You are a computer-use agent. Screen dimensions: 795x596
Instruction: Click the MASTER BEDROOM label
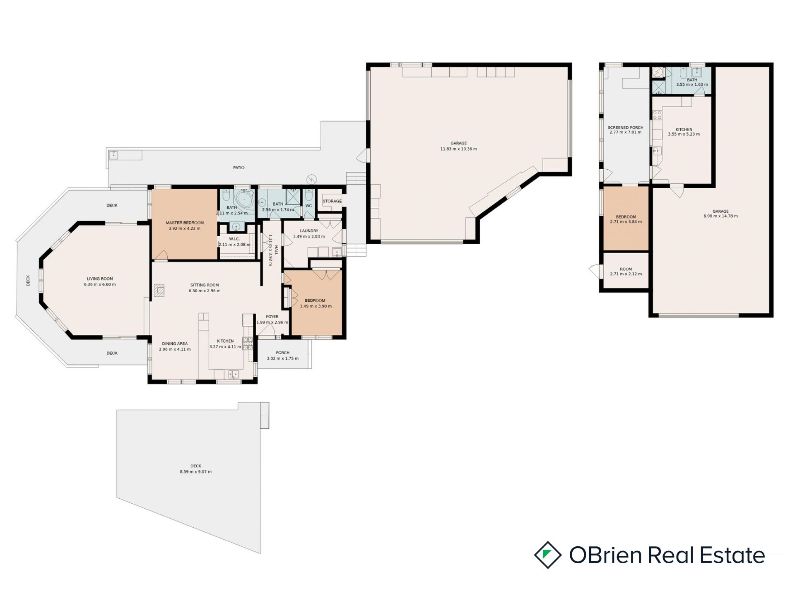click(x=185, y=223)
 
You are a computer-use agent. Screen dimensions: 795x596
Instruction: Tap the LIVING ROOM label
click(x=100, y=279)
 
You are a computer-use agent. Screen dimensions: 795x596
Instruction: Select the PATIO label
click(x=239, y=168)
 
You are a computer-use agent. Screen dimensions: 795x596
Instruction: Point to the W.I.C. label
click(x=234, y=239)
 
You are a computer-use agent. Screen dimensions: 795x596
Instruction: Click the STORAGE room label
click(x=332, y=201)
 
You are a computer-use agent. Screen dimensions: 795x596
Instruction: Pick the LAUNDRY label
click(x=309, y=231)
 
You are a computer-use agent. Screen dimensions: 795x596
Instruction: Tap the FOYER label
click(x=272, y=317)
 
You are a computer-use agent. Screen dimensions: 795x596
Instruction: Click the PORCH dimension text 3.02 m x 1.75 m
click(x=283, y=358)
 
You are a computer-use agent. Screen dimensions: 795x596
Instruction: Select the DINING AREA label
click(x=175, y=344)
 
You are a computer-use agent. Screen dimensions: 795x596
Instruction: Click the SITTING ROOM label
click(x=205, y=285)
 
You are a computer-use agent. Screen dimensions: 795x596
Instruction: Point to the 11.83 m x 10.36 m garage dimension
click(x=459, y=149)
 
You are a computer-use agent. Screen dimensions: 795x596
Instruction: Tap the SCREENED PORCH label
click(x=626, y=128)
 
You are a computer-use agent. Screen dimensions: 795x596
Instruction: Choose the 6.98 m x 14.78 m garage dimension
click(x=720, y=216)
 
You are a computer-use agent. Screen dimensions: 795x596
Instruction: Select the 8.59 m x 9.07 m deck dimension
click(x=196, y=472)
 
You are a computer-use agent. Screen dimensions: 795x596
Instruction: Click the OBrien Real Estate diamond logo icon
click(x=548, y=555)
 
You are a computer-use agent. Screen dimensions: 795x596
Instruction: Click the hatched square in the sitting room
click(x=159, y=290)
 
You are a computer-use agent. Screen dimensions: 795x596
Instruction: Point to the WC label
click(x=308, y=206)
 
